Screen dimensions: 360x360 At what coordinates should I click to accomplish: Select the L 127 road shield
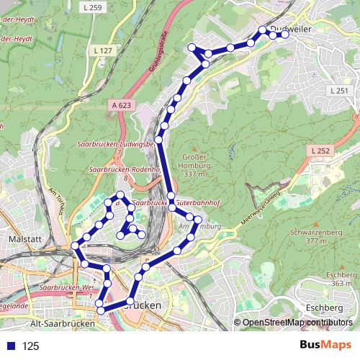click(103, 51)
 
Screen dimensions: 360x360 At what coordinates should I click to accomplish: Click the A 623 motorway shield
click(122, 105)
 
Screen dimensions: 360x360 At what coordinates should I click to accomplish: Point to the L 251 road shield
click(339, 91)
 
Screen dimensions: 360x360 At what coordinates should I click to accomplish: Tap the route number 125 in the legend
click(30, 346)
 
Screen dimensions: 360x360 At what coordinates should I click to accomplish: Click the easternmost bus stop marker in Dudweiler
click(285, 35)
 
